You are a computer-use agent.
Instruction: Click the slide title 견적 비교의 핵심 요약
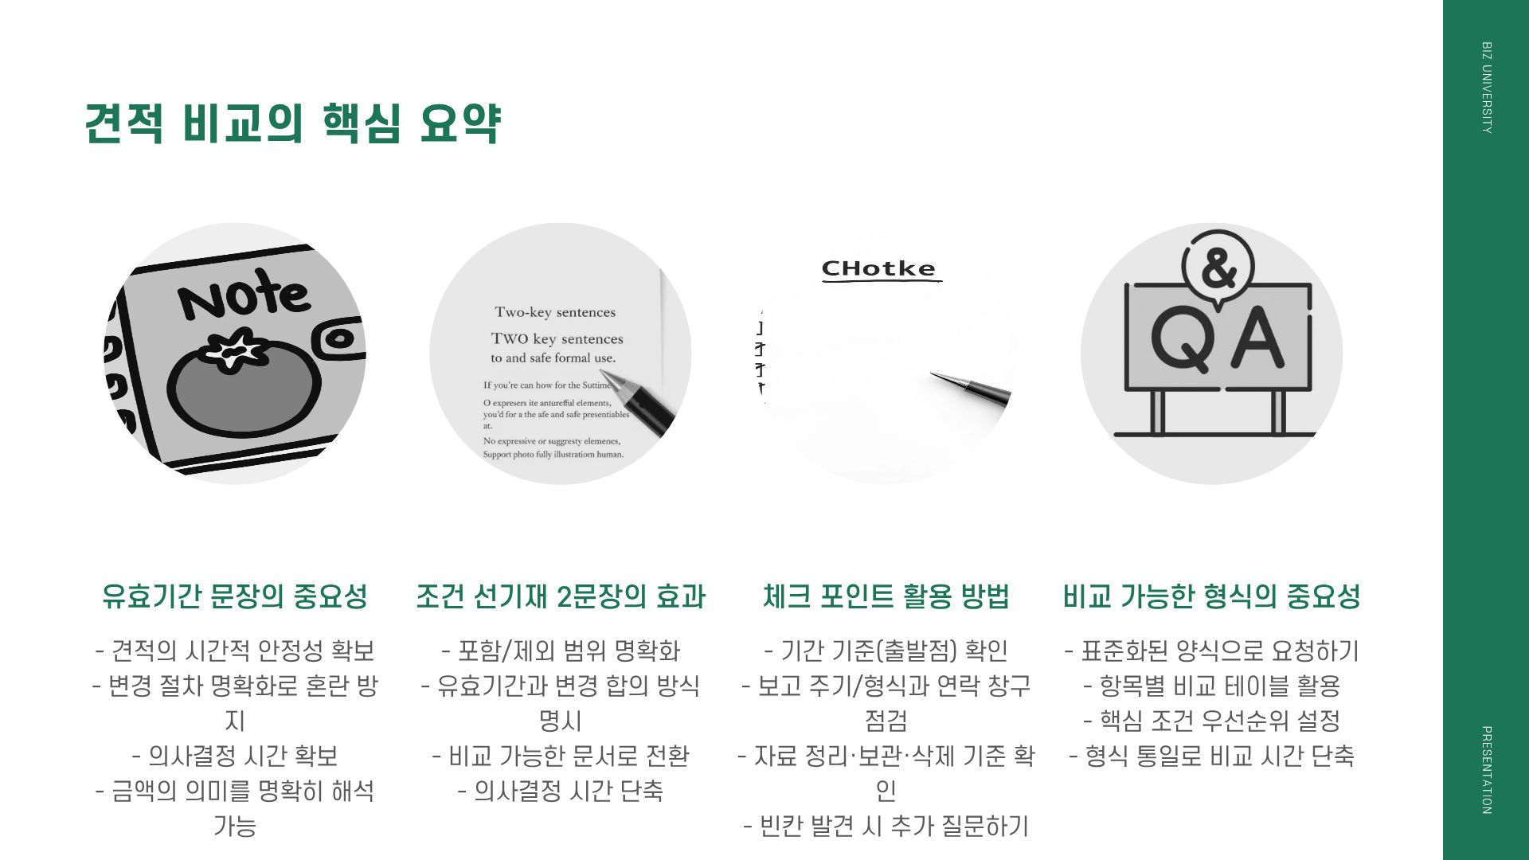click(x=292, y=123)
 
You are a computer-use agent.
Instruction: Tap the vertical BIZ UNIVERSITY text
click(x=1486, y=88)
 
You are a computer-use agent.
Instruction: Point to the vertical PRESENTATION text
click(x=1486, y=769)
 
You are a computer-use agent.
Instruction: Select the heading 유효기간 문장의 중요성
click(x=235, y=596)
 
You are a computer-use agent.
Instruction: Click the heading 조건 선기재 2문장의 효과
click(x=561, y=596)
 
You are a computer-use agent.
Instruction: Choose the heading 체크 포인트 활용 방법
click(x=886, y=596)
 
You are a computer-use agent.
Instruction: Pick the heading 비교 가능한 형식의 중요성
click(x=1211, y=596)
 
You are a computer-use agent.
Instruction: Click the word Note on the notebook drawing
click(x=244, y=294)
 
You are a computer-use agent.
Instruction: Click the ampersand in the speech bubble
click(x=1218, y=268)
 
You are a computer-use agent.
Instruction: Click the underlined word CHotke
click(x=878, y=269)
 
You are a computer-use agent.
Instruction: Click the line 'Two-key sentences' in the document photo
click(x=555, y=312)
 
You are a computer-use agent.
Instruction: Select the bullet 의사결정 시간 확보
click(x=235, y=756)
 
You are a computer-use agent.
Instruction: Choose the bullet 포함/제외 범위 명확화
click(x=561, y=651)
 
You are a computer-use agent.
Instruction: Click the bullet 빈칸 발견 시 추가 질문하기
click(x=886, y=826)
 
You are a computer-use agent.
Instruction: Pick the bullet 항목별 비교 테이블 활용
click(x=1211, y=686)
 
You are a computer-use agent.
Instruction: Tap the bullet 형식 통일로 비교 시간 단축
click(x=1211, y=756)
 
